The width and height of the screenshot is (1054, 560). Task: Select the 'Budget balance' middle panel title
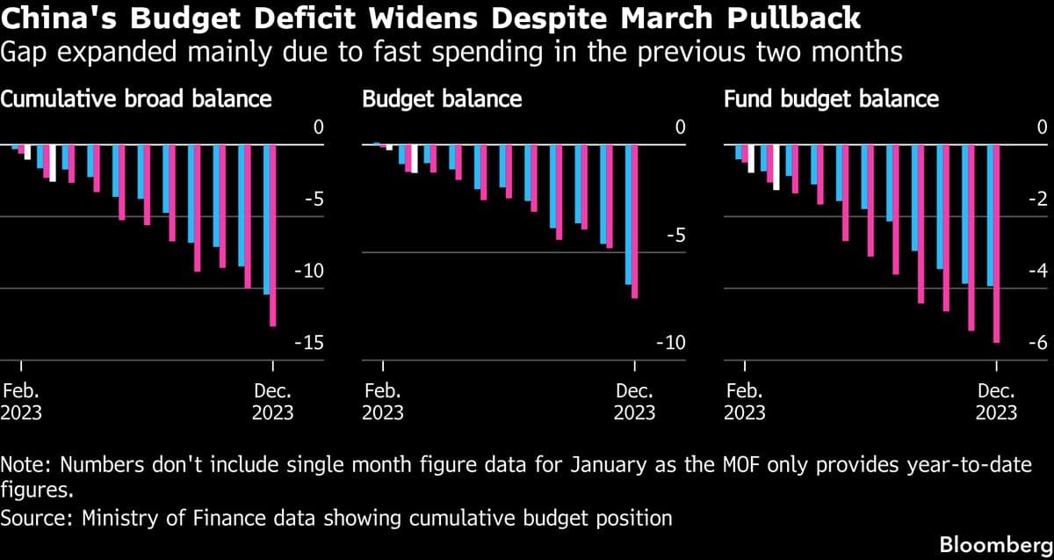tap(442, 98)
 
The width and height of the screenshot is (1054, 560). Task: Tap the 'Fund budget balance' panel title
tap(831, 98)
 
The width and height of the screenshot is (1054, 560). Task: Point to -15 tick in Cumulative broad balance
tap(312, 343)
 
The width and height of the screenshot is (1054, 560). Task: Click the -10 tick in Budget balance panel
tap(671, 343)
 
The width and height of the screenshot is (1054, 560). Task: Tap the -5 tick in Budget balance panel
tap(675, 236)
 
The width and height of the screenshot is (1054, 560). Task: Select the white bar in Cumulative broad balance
tap(53, 163)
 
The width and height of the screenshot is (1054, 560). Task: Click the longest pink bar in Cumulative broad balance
tap(273, 236)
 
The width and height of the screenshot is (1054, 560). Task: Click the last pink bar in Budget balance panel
tap(635, 222)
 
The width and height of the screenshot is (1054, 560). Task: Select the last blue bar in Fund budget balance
tap(990, 215)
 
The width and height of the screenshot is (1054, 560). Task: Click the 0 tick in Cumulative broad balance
tap(319, 128)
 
